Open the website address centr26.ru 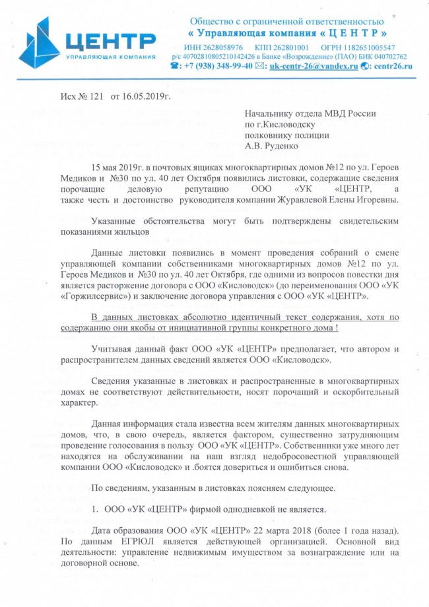pos(390,66)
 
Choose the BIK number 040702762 pos(383,57)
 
